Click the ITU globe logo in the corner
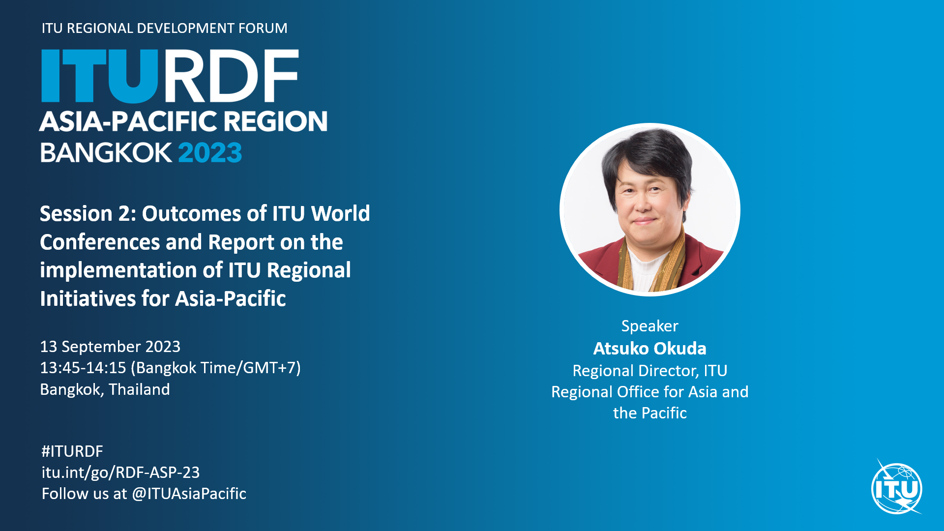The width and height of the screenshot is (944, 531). [897, 488]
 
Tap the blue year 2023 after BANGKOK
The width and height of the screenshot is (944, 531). [210, 153]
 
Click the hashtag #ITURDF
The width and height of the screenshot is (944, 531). [72, 451]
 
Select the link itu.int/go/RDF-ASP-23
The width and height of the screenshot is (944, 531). [120, 472]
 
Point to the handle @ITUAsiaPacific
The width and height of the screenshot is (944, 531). [189, 494]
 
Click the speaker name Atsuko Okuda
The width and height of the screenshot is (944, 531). [649, 348]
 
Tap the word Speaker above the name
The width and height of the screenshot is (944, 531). [649, 326]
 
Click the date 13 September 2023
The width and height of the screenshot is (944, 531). [110, 347]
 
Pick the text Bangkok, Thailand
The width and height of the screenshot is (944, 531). [105, 389]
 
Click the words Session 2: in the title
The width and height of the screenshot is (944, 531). [88, 214]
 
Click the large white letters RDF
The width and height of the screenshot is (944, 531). [230, 76]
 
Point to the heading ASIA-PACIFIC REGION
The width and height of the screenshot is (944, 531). [183, 121]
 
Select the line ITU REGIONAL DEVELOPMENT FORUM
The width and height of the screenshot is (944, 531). [164, 28]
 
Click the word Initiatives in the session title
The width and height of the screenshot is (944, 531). [88, 299]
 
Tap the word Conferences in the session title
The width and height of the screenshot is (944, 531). [100, 242]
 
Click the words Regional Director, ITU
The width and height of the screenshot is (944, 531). [649, 371]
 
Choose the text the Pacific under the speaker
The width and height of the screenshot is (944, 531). [649, 413]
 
